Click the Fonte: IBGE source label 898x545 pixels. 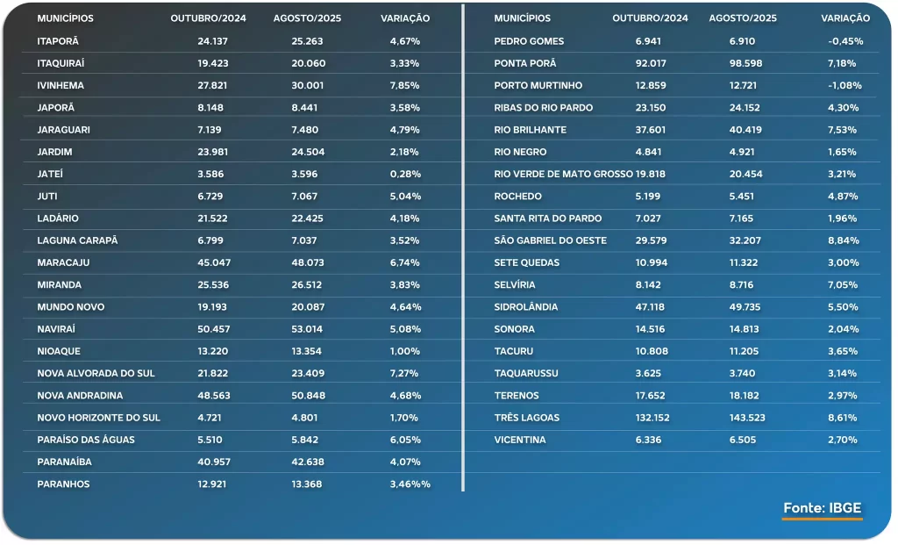823,508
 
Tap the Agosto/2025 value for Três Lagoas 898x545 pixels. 746,418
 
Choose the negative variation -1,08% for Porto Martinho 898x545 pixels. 845,86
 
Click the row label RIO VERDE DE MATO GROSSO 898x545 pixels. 563,174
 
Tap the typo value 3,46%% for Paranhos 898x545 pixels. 410,484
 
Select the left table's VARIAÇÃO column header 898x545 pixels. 405,18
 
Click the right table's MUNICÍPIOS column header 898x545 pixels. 523,18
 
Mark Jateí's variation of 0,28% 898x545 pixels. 405,174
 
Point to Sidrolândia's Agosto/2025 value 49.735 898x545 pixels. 746,307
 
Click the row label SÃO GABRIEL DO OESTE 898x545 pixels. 550,240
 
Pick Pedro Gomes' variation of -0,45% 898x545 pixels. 845,41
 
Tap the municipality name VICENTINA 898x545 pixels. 520,440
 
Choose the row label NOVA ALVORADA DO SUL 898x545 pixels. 96,373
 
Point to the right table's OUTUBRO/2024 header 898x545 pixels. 650,18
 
